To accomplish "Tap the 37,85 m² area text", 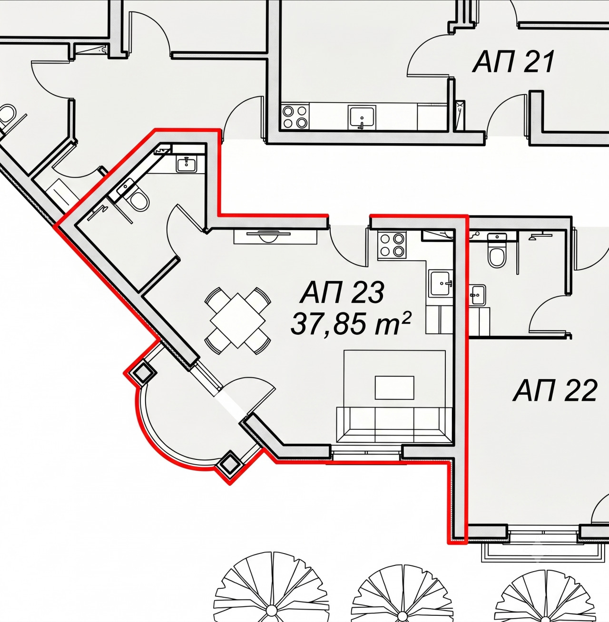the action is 350,324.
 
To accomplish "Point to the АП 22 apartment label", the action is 555,390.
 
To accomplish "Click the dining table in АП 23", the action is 238,321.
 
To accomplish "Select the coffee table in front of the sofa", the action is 394,388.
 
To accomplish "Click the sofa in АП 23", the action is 395,425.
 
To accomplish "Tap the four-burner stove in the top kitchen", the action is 295,117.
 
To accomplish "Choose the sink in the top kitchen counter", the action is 362,117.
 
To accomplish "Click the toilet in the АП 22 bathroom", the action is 496,254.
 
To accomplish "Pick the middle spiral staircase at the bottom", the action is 403,593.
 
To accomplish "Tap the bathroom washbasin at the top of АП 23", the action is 186,164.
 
